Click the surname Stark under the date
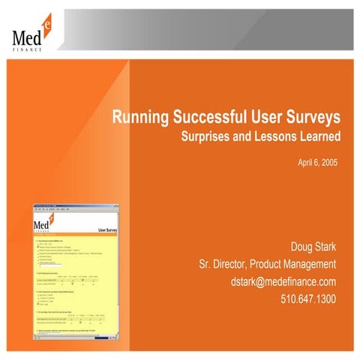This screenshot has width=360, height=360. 325,246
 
